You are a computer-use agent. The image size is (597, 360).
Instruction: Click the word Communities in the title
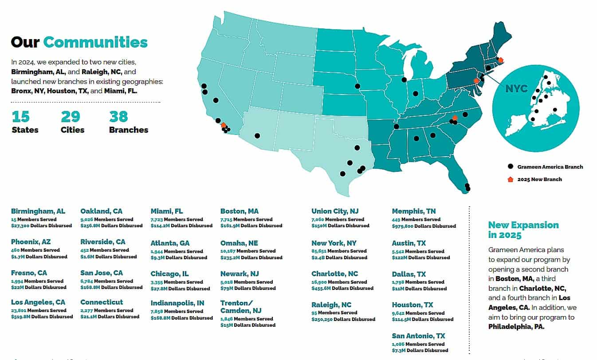(95, 42)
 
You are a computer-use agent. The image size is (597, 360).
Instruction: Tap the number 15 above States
(20, 117)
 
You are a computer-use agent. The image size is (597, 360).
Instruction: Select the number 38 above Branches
(118, 117)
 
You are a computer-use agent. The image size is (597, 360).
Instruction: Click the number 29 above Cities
(70, 117)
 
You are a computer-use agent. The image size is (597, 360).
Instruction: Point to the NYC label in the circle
(516, 89)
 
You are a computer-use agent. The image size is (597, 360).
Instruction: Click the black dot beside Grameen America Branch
(511, 166)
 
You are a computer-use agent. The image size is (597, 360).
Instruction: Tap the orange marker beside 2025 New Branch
(511, 179)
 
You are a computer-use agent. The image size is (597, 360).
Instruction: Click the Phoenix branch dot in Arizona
(257, 136)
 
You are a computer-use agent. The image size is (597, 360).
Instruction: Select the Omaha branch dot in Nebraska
(357, 86)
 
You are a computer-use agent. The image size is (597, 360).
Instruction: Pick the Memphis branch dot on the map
(397, 127)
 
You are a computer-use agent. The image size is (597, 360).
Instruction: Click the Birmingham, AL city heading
(38, 211)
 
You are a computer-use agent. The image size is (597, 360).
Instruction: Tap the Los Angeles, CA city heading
(38, 302)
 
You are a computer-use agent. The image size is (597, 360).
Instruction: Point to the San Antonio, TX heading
(418, 336)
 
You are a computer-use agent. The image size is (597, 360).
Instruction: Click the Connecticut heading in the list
(102, 302)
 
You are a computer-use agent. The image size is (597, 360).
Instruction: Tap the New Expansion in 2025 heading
(523, 230)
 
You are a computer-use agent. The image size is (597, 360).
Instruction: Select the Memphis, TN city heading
(414, 211)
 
